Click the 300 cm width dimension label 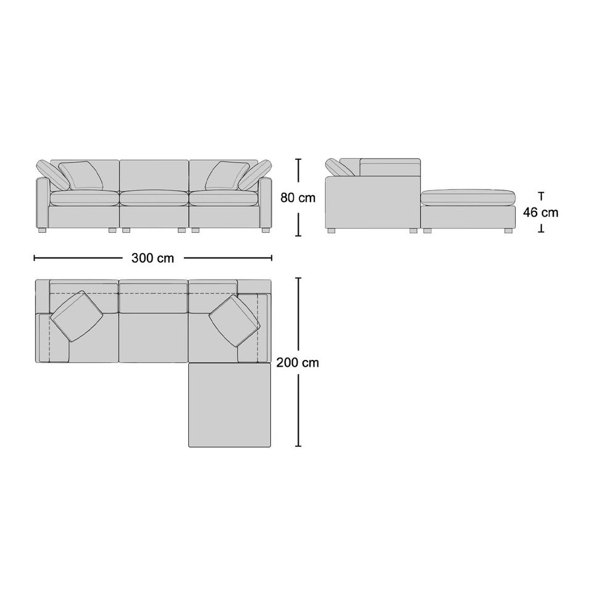152,258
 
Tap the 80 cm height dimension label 298,198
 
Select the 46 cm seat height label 541,212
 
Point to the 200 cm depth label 298,363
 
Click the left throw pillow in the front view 81,175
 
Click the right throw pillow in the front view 227,175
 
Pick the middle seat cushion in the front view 154,198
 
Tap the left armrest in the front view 42,202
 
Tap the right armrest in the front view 266,202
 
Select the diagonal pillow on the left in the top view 77,316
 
